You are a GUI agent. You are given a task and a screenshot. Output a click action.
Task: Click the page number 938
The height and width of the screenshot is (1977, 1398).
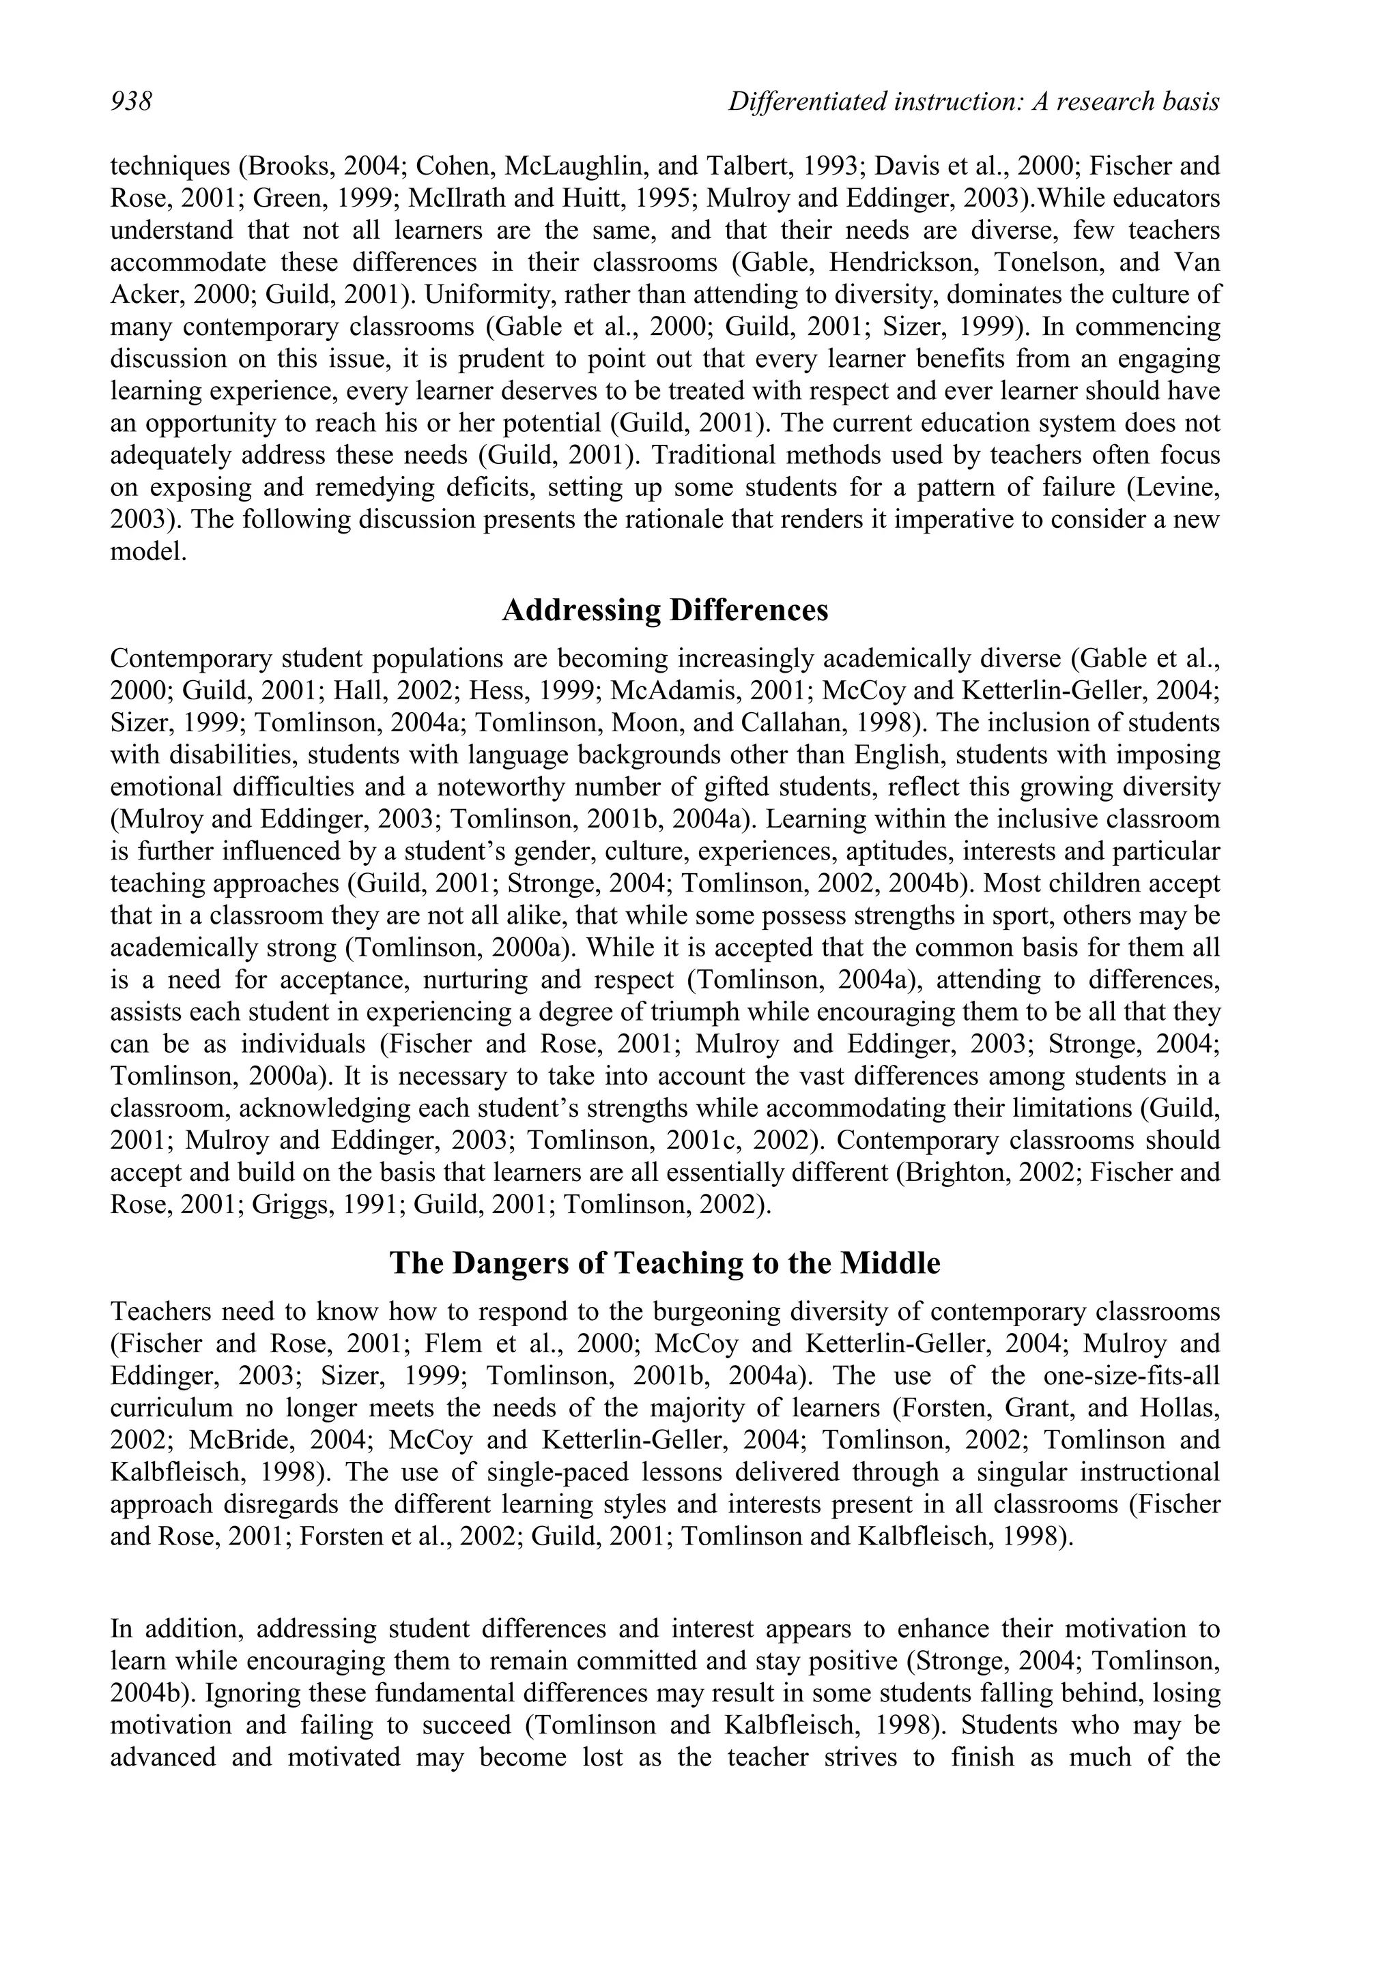point(131,102)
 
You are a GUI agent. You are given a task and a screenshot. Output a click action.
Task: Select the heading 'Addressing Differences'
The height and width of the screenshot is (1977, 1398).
point(664,610)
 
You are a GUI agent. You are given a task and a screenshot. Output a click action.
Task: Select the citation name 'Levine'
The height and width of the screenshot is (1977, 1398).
point(1177,487)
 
